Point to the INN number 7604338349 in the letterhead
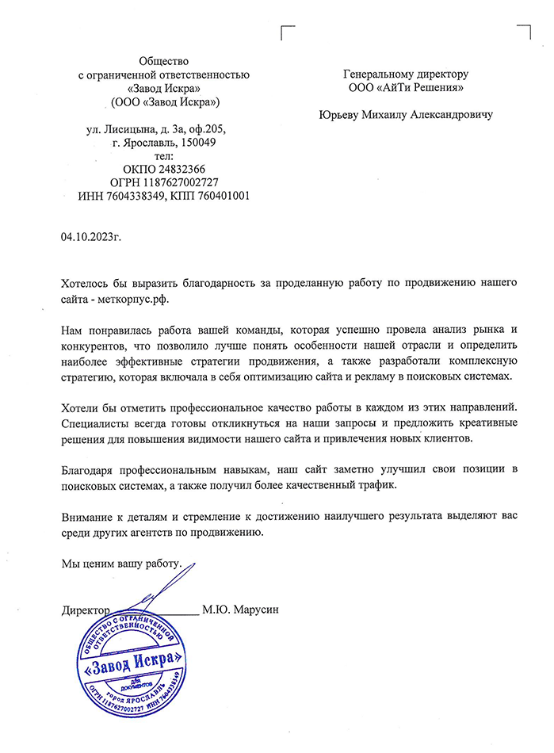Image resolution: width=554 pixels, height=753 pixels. click(x=136, y=196)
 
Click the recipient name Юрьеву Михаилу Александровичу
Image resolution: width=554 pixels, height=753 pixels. click(x=405, y=115)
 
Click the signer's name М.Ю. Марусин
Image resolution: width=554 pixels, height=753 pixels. click(x=241, y=610)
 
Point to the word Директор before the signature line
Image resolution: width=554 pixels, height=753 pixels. click(x=84, y=610)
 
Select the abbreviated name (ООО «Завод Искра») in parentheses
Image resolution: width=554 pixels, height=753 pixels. click(x=165, y=101)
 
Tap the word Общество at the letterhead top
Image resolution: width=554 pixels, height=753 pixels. click(x=165, y=61)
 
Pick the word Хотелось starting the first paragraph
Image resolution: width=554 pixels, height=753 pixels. click(x=88, y=283)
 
